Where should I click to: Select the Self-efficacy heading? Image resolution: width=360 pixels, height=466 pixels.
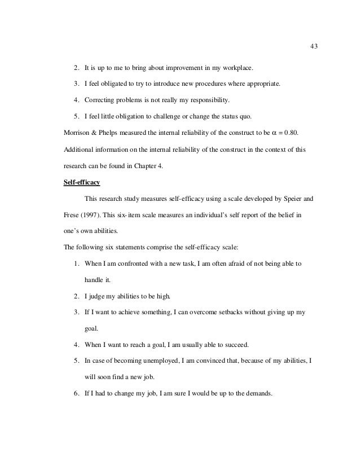click(x=83, y=183)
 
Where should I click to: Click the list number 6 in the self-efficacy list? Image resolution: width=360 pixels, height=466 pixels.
click(x=76, y=394)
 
